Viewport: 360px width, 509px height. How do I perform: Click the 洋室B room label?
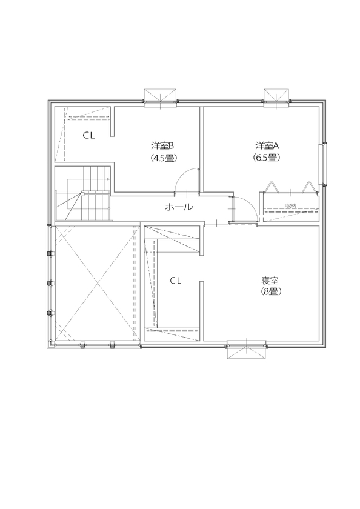(x=163, y=145)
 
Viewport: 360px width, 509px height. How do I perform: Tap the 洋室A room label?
(x=267, y=145)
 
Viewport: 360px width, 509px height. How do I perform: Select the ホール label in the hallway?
(x=179, y=207)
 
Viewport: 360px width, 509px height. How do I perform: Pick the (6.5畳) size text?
(x=267, y=158)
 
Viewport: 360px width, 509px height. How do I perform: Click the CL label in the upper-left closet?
(x=89, y=136)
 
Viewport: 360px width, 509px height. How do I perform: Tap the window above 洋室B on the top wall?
(x=161, y=96)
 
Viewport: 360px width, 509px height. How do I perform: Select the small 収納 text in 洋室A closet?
(x=290, y=207)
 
